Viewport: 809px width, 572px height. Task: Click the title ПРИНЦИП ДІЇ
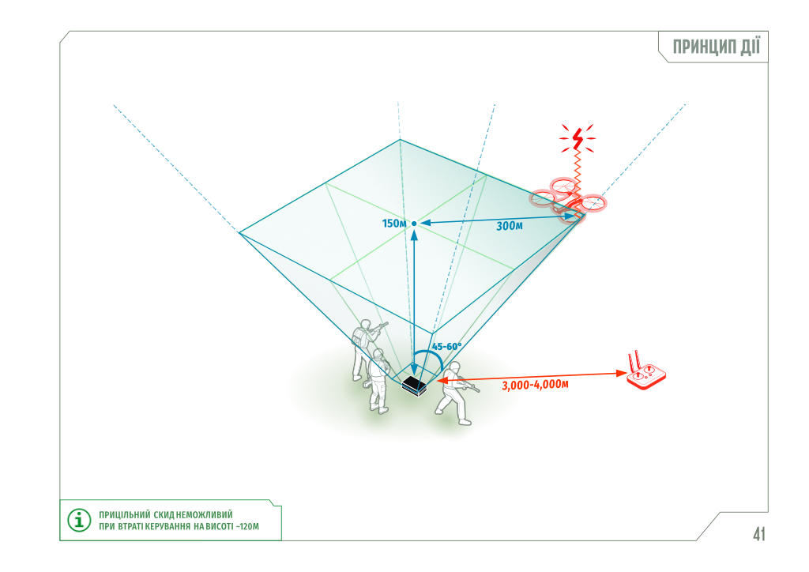pos(716,47)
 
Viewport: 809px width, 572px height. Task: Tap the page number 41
pos(758,534)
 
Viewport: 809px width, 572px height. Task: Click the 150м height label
pos(393,224)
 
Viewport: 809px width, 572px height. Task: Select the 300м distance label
pos(510,226)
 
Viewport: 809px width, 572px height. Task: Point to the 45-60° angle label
pos(447,347)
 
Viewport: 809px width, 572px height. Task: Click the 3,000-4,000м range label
pos(535,385)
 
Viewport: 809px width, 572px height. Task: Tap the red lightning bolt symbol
pos(578,137)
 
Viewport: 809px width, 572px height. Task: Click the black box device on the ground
pos(414,386)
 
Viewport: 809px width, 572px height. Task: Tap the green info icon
pos(79,520)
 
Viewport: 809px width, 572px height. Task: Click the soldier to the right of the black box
pos(454,393)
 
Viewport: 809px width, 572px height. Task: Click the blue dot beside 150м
pos(414,224)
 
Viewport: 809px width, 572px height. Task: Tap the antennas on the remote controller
pos(634,360)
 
